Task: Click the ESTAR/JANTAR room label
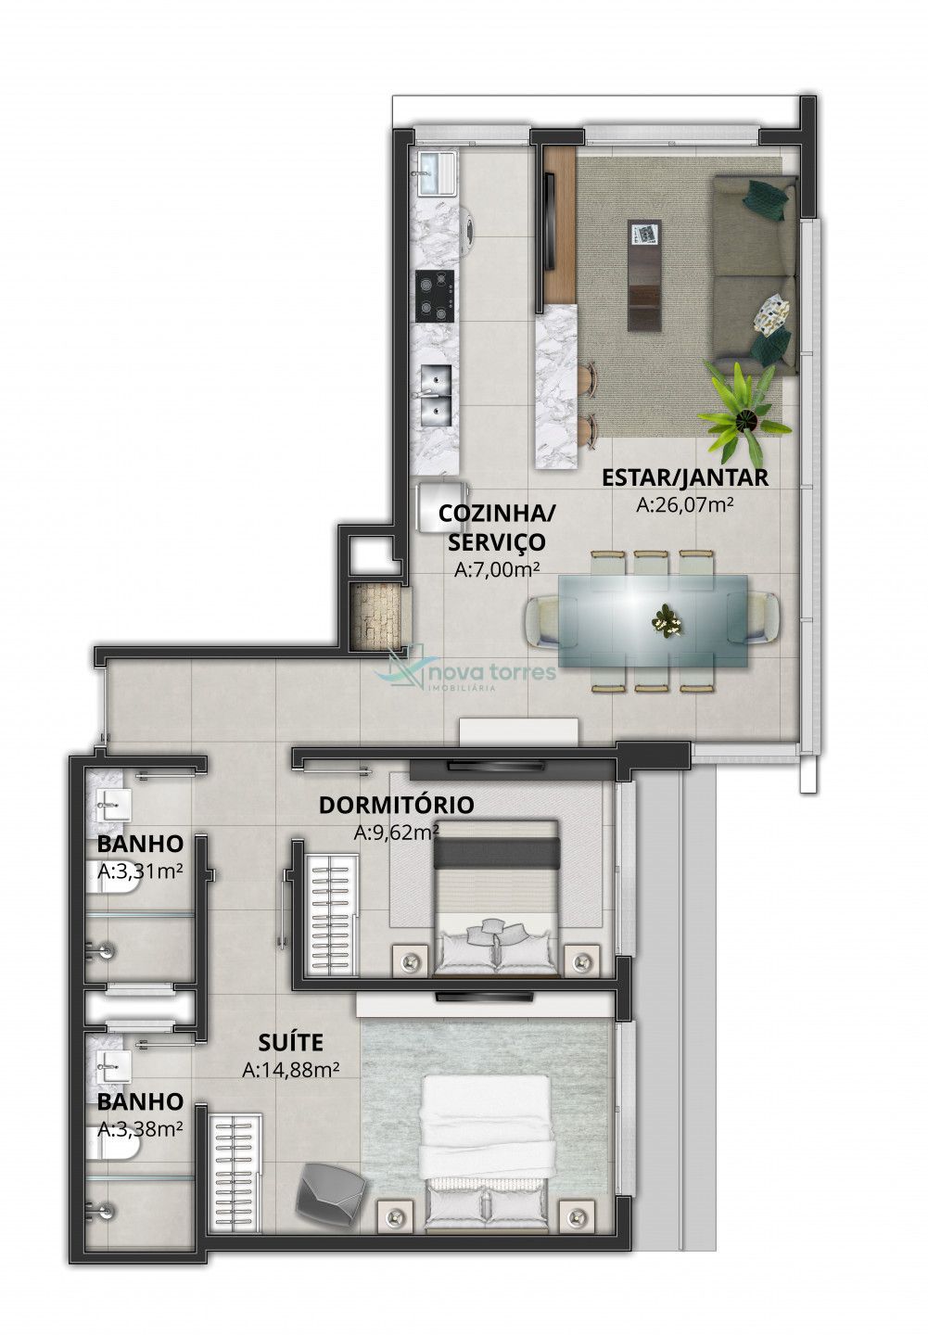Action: click(x=684, y=477)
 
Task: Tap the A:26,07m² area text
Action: click(x=684, y=504)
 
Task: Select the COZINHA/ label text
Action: click(x=497, y=513)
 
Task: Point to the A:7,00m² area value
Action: click(x=497, y=570)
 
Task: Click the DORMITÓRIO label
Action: click(x=397, y=805)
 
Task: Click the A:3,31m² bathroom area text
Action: click(x=140, y=871)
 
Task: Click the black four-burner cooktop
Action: click(x=435, y=296)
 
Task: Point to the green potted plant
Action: click(x=744, y=414)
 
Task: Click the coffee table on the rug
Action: click(x=644, y=274)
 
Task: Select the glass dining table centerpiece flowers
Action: click(x=666, y=621)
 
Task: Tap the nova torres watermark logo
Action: click(x=464, y=671)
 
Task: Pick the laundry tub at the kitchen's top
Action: click(x=437, y=173)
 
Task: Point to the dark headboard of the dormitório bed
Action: click(x=497, y=853)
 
